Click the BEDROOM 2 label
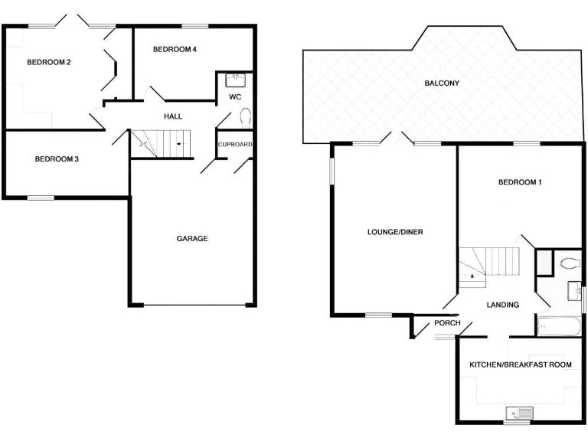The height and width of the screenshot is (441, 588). (x=49, y=62)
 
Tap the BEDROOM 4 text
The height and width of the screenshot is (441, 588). (x=175, y=49)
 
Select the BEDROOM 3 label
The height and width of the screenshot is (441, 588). (x=57, y=159)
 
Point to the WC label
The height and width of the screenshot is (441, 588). (x=235, y=97)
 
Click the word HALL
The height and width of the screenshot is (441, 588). (x=173, y=116)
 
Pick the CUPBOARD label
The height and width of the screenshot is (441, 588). (x=235, y=144)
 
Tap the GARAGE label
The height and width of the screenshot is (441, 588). (x=192, y=238)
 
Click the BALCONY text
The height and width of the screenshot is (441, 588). (x=442, y=83)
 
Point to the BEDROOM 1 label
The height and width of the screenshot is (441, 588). (x=520, y=182)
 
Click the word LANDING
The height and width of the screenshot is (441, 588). (x=503, y=305)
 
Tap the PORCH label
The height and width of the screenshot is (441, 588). (x=447, y=323)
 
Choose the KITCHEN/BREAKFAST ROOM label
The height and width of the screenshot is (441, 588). (x=521, y=364)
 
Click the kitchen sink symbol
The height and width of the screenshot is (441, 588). (x=519, y=413)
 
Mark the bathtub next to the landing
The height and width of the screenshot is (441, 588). (x=557, y=328)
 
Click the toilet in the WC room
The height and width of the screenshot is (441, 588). (x=246, y=117)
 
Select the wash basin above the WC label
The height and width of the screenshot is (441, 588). (x=235, y=78)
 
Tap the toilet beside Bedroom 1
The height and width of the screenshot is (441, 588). (x=569, y=263)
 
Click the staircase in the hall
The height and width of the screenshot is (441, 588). (x=160, y=143)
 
